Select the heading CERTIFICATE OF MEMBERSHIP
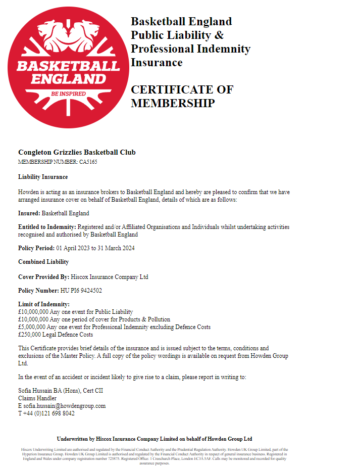(x=182, y=97)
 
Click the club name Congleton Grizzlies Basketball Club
(x=77, y=152)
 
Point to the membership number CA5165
(x=88, y=162)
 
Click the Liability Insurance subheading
(x=43, y=177)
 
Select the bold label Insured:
(x=29, y=213)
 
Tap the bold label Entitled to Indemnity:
(x=47, y=227)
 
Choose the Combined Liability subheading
(x=43, y=262)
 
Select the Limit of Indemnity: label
(x=44, y=304)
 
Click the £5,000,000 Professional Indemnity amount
(x=33, y=327)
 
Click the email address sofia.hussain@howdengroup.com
(x=64, y=406)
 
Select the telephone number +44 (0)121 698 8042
(x=48, y=413)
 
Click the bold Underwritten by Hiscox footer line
(x=155, y=439)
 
